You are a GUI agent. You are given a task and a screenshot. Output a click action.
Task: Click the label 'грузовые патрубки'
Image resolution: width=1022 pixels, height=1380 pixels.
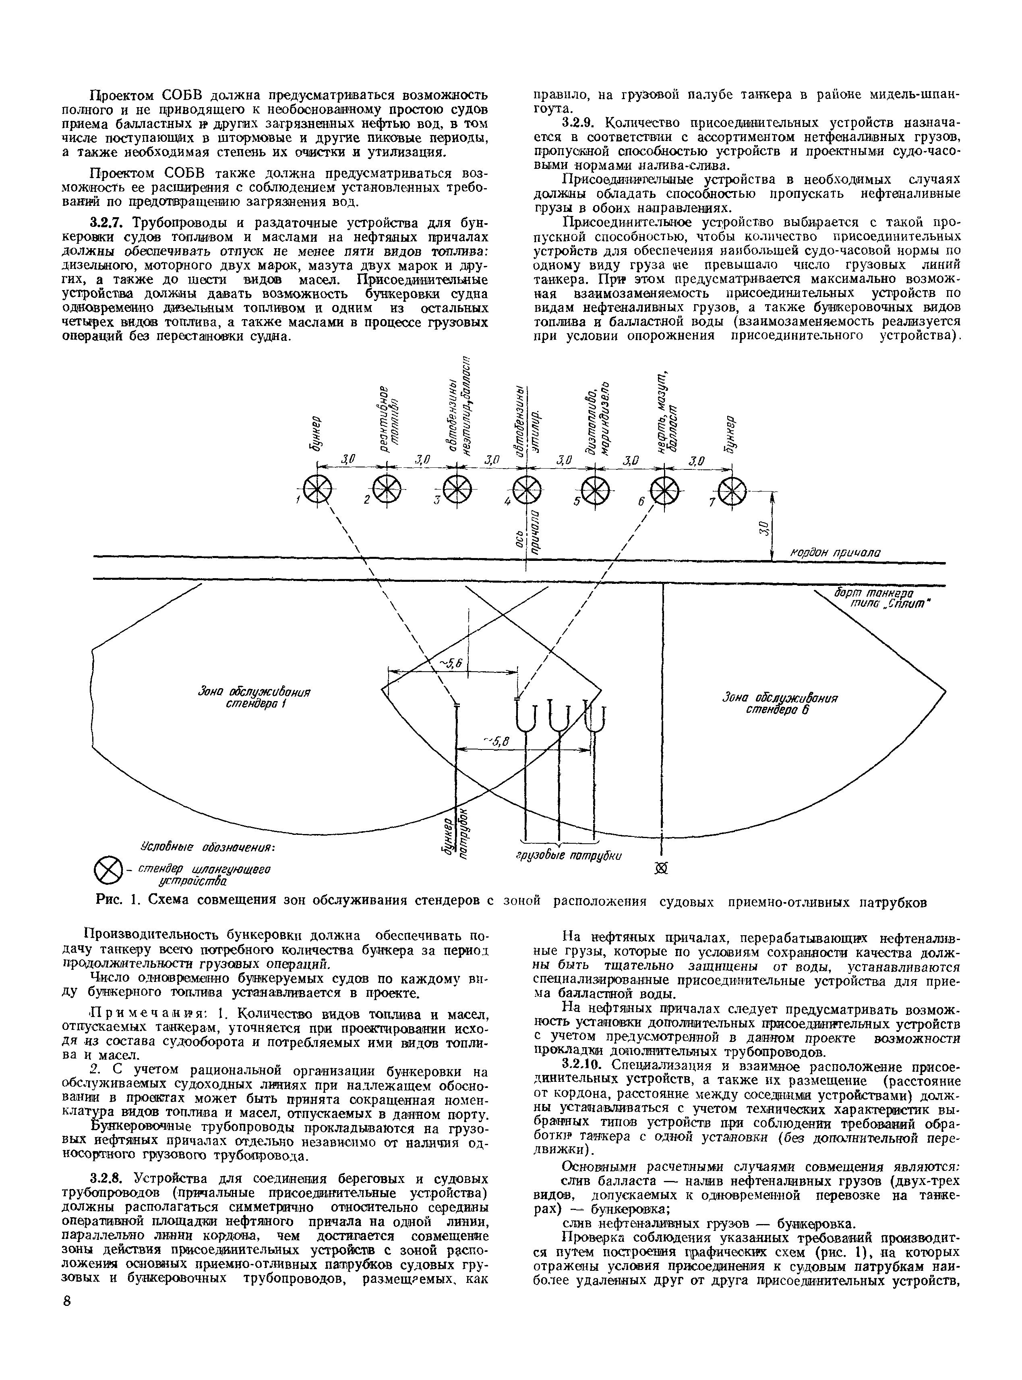pos(568,856)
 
